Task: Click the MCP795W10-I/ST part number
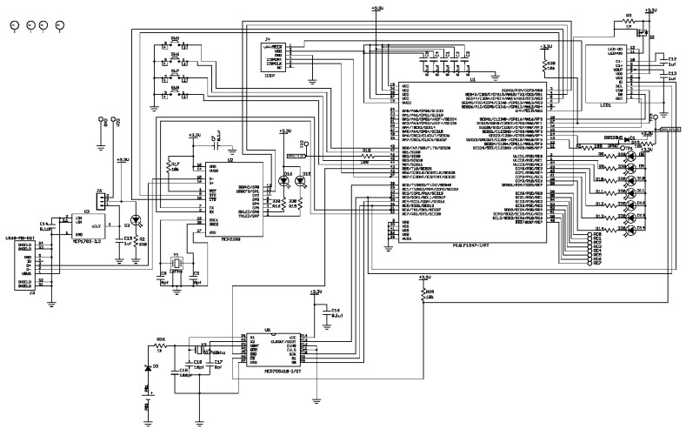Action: click(280, 371)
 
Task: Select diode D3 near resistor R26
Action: click(147, 368)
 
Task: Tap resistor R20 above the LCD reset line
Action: click(545, 66)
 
